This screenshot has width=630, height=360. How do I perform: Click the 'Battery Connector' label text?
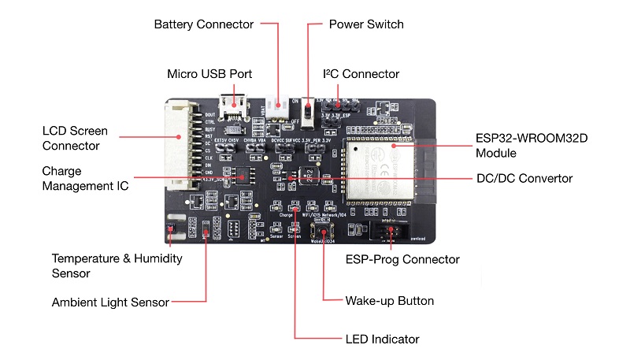(x=203, y=24)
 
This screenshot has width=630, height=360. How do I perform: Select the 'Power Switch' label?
(x=366, y=24)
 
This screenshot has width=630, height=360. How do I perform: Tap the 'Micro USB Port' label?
(x=209, y=74)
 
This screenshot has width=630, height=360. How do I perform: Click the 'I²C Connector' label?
(x=361, y=74)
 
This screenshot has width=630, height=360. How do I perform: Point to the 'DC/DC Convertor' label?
(x=524, y=179)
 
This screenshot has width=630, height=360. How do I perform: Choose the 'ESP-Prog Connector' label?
(x=402, y=259)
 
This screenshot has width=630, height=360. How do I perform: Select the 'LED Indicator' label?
(x=382, y=340)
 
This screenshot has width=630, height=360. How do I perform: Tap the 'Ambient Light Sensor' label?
(x=109, y=302)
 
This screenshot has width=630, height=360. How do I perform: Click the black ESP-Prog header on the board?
(x=391, y=234)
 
